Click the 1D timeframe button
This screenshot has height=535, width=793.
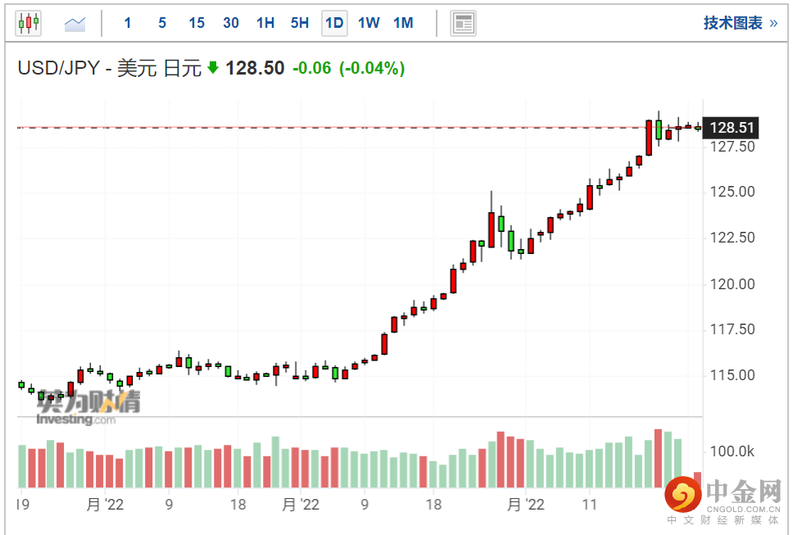(x=334, y=23)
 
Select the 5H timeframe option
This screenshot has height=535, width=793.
(x=300, y=23)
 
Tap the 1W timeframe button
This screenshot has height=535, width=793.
(x=369, y=23)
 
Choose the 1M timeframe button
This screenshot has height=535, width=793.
(x=403, y=23)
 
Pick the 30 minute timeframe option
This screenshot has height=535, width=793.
(x=231, y=23)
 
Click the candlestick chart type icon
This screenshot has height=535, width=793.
(x=29, y=23)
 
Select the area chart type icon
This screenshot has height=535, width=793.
(x=75, y=24)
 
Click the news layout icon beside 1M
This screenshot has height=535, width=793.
(x=464, y=23)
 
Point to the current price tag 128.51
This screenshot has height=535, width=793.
(x=732, y=128)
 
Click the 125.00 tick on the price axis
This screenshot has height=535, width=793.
(x=732, y=193)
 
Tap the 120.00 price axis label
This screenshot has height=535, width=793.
(x=732, y=284)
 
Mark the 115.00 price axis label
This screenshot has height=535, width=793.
(x=732, y=375)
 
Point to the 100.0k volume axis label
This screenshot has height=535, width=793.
(x=732, y=451)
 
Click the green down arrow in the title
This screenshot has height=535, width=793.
(x=213, y=68)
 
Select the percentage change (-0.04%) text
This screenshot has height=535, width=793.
(x=372, y=68)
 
